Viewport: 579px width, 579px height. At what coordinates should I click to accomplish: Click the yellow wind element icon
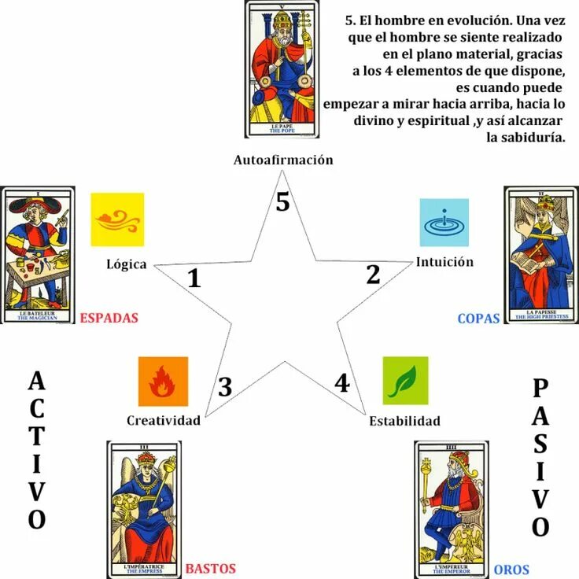[x=117, y=219]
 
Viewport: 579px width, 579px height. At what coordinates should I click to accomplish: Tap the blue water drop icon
[x=444, y=223]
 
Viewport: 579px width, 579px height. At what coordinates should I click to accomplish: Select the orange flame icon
[x=163, y=382]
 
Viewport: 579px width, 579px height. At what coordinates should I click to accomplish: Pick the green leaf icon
[x=405, y=380]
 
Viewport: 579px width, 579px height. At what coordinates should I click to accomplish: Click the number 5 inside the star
[x=282, y=202]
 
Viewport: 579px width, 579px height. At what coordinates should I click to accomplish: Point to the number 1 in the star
[x=194, y=278]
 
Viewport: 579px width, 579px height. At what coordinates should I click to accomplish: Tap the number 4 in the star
[x=341, y=383]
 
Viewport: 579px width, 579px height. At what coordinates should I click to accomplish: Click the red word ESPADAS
[x=109, y=319]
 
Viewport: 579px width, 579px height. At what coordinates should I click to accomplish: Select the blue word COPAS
[x=478, y=319]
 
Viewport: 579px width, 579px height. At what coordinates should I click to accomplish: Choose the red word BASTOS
[x=210, y=568]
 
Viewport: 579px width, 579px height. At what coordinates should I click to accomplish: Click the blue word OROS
[x=511, y=569]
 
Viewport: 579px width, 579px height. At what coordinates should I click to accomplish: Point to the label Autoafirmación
[x=283, y=160]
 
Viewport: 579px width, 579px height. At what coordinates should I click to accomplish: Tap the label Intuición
[x=444, y=262]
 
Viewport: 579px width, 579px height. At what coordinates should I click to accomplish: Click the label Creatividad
[x=164, y=420]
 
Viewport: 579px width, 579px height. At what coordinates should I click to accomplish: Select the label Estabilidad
[x=404, y=421]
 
